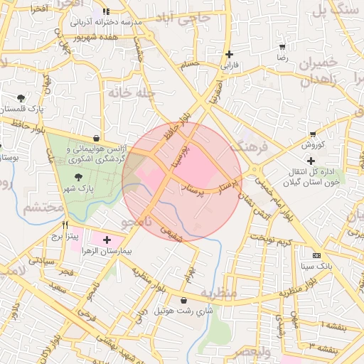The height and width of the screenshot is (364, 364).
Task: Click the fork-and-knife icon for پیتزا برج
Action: coord(65,226)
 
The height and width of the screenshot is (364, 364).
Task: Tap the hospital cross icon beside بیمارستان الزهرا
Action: coord(107,240)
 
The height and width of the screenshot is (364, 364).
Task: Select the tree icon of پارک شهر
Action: coord(77,177)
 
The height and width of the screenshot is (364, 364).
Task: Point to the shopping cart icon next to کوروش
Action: coord(313,134)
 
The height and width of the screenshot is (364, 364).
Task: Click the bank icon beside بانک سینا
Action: coord(316,255)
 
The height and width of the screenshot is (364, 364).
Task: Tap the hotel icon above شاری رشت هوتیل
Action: coord(184,300)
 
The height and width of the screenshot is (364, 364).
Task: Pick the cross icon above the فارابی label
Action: coord(229,54)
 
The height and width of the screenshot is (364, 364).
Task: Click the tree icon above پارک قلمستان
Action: coord(21,98)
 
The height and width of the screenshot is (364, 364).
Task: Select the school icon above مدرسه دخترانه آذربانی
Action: coord(106,12)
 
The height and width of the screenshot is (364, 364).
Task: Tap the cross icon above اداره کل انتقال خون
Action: coord(311,161)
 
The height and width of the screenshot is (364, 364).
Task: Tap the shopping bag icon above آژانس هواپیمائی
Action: coord(96,139)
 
